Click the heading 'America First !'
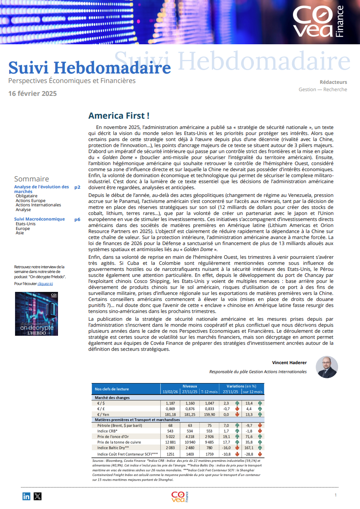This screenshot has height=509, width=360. coord(119,116)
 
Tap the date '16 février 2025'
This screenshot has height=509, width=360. coord(32,93)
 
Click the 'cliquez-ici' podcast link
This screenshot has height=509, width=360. coord(45,284)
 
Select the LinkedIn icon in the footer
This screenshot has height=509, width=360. coord(27,496)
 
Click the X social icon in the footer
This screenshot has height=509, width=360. coord(38,496)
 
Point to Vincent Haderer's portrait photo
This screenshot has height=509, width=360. coord(326,367)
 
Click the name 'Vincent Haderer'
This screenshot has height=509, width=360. coord(289,363)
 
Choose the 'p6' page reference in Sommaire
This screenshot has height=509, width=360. coord(77,219)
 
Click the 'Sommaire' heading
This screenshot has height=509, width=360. coord(31,179)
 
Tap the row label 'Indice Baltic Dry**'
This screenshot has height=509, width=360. coord(114,448)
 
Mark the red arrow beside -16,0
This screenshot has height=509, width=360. coord(237,448)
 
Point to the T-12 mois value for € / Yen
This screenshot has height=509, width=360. coord(209,414)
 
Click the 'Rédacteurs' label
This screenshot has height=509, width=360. coord(333,82)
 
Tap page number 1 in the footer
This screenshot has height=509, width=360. coord(335,496)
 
